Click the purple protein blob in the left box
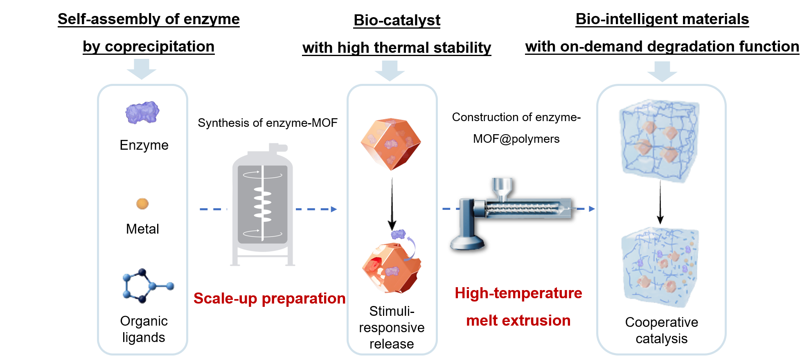(x=142, y=112)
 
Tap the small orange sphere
(x=142, y=203)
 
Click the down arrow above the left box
(x=142, y=69)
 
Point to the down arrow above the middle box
(x=390, y=70)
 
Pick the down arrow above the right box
(x=662, y=71)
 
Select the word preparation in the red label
(x=304, y=299)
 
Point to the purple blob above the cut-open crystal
(x=398, y=234)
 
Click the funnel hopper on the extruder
(x=502, y=187)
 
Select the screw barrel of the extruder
(x=528, y=208)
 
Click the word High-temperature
(x=518, y=293)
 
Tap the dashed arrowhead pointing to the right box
(x=592, y=209)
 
